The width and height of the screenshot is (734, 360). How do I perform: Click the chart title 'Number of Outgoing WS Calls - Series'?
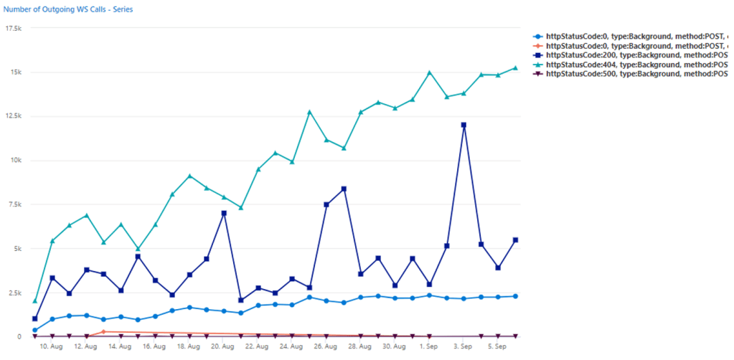[68, 10]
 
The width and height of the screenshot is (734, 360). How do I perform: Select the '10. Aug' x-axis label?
[52, 346]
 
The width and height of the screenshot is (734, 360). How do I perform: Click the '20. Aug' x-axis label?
[223, 346]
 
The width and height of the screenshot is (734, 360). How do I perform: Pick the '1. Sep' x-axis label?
[429, 346]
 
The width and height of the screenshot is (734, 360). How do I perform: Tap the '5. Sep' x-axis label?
[498, 346]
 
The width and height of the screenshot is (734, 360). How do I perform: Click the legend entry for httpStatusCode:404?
[631, 64]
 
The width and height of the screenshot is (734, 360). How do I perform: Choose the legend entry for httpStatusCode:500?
[631, 74]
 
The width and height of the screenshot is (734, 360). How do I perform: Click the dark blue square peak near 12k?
[464, 125]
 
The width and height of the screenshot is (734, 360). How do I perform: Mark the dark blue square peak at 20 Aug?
[224, 213]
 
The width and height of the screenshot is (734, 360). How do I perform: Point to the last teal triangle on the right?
[515, 68]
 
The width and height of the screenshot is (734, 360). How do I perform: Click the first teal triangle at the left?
[35, 300]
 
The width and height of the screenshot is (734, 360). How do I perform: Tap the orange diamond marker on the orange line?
[103, 332]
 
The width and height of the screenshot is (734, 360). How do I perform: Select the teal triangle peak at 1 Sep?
[429, 72]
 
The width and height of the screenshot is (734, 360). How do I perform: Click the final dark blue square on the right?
[515, 240]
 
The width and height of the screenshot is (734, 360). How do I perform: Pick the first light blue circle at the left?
[35, 330]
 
